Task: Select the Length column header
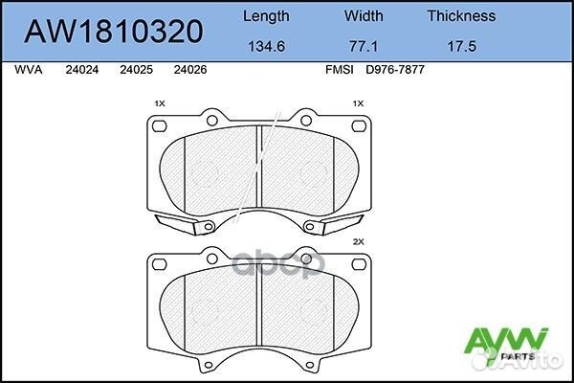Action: [x=267, y=15]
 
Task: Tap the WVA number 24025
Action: [x=136, y=70]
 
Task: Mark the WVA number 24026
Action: [x=191, y=70]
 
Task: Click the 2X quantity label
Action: [x=360, y=243]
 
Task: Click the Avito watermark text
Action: [x=536, y=365]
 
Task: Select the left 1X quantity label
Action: [x=160, y=102]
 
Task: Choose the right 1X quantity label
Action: [x=360, y=102]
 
